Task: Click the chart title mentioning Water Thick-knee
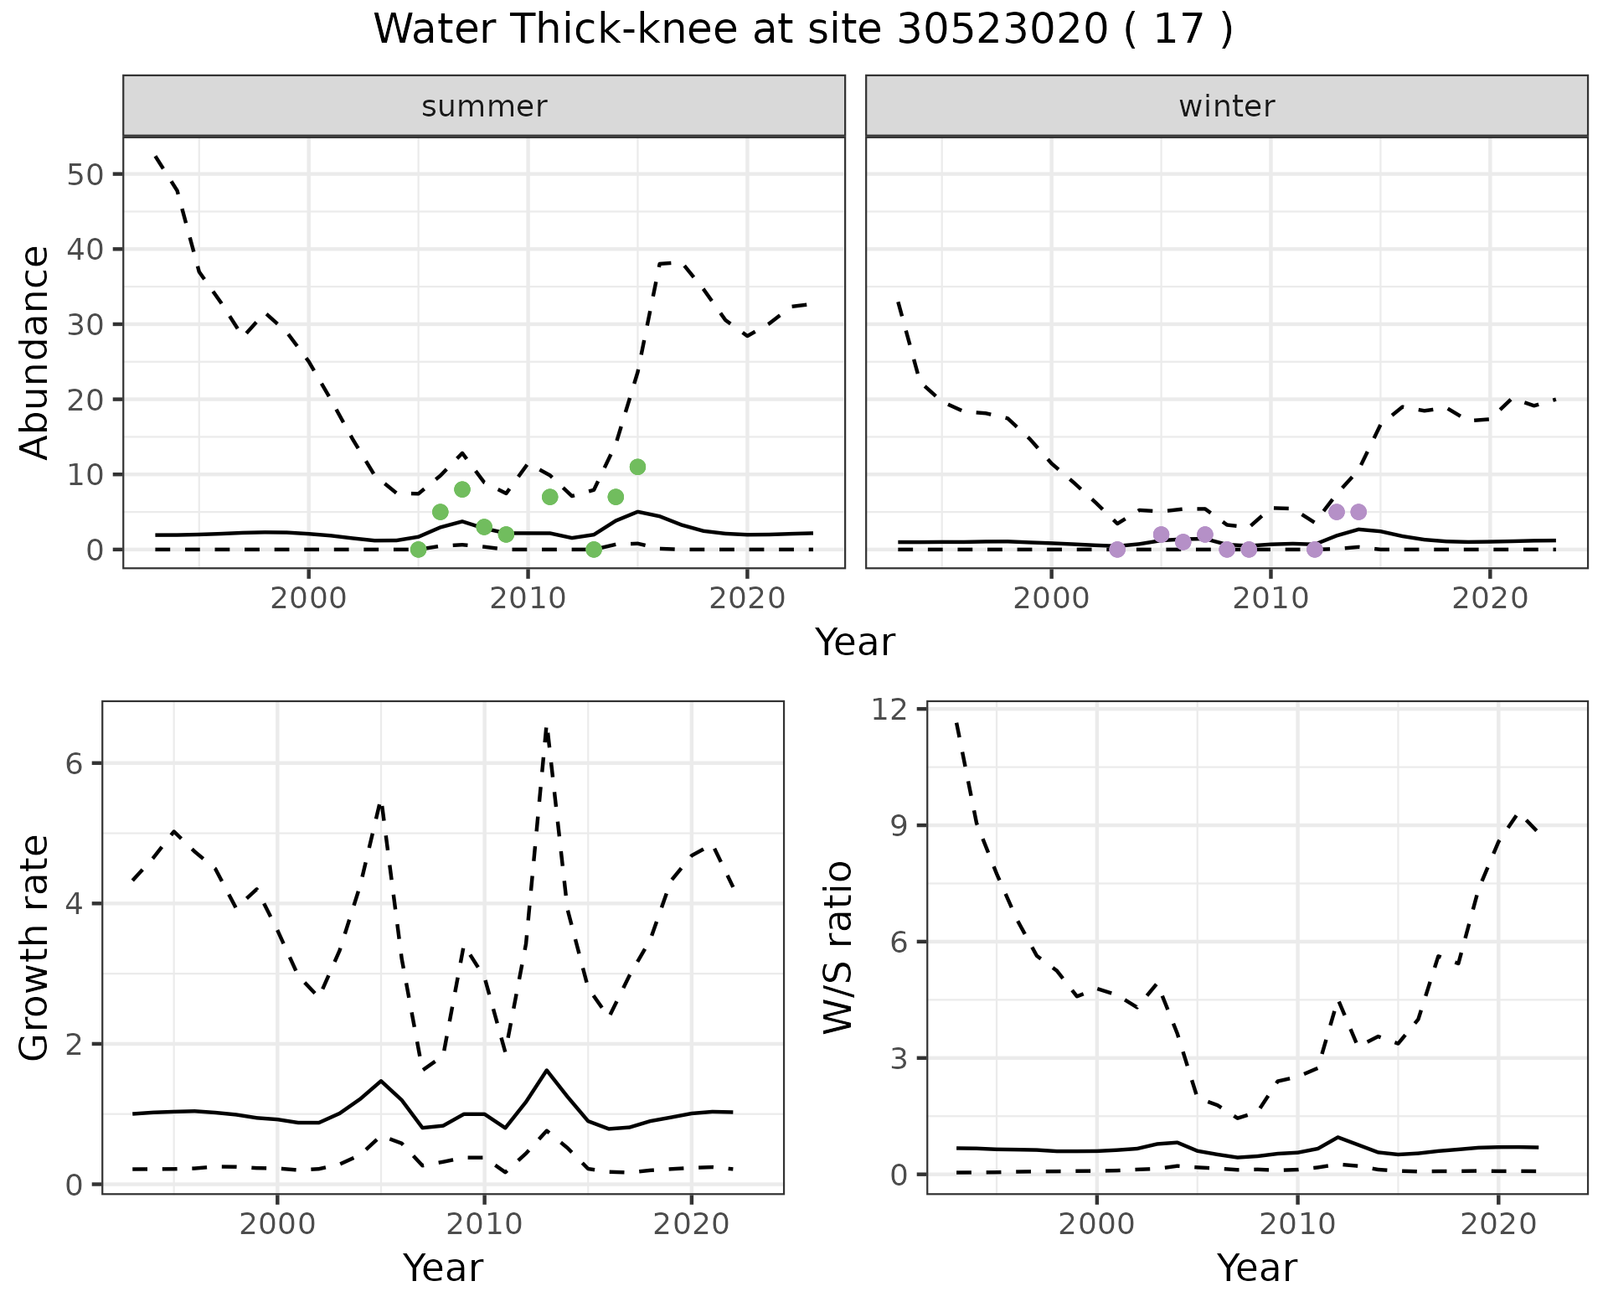[802, 30]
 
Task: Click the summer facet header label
[484, 106]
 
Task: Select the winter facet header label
[1226, 106]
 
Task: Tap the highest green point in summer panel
[637, 467]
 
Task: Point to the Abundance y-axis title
[35, 353]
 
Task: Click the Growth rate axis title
[35, 947]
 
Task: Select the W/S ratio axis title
[838, 947]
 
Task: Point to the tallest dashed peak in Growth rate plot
[546, 730]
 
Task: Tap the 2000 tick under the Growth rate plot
[277, 1223]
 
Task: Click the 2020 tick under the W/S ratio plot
[1497, 1223]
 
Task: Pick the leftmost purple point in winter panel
[1117, 550]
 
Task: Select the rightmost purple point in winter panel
[1358, 512]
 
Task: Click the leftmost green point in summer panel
[418, 550]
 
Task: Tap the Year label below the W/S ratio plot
[1256, 1268]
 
